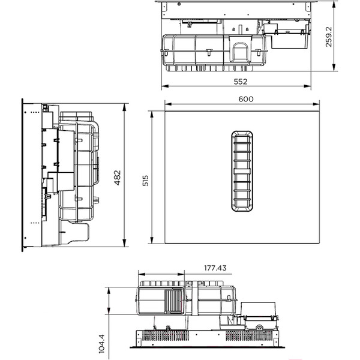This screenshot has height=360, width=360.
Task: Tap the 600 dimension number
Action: pos(246,98)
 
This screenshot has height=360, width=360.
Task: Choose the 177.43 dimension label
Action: pos(214,268)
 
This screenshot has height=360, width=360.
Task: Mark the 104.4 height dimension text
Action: pos(101,343)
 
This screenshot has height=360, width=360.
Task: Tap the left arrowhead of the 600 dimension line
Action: pos(166,104)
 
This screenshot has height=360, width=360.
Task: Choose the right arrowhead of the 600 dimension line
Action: pos(318,104)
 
